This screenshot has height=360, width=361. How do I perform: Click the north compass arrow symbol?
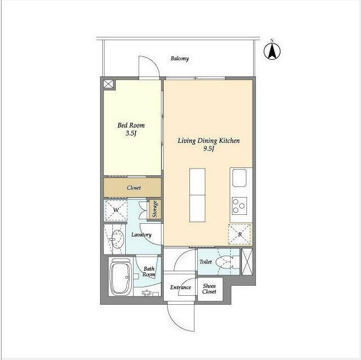coord(272,51)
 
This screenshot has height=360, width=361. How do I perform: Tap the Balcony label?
coord(179,59)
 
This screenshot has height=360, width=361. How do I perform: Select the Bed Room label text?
coord(131,125)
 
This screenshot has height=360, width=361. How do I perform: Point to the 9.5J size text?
coord(209,148)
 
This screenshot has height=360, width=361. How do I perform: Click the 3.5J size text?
coord(131,133)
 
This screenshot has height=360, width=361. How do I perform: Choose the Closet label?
coord(134,188)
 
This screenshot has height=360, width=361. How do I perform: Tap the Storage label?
coord(155,209)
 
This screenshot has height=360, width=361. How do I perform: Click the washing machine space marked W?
coord(116,210)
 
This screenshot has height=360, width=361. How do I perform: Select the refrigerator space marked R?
coord(240,234)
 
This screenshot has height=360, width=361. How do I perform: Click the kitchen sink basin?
coord(239,178)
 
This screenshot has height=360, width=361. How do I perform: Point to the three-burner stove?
coord(239,206)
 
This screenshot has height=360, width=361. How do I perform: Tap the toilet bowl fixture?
coord(226,262)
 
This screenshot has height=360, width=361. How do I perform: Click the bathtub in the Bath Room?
coord(120,277)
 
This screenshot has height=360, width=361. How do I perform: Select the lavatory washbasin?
coord(118,239)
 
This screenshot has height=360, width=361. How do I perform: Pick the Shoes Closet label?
coord(209,289)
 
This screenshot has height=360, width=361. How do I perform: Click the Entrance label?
coord(180,287)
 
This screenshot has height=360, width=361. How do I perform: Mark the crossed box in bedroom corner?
coord(108,84)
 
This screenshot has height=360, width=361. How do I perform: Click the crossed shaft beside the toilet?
coord(247,262)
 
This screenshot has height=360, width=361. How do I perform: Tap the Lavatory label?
coord(141,235)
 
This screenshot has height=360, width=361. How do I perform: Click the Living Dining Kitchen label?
coord(208,141)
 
